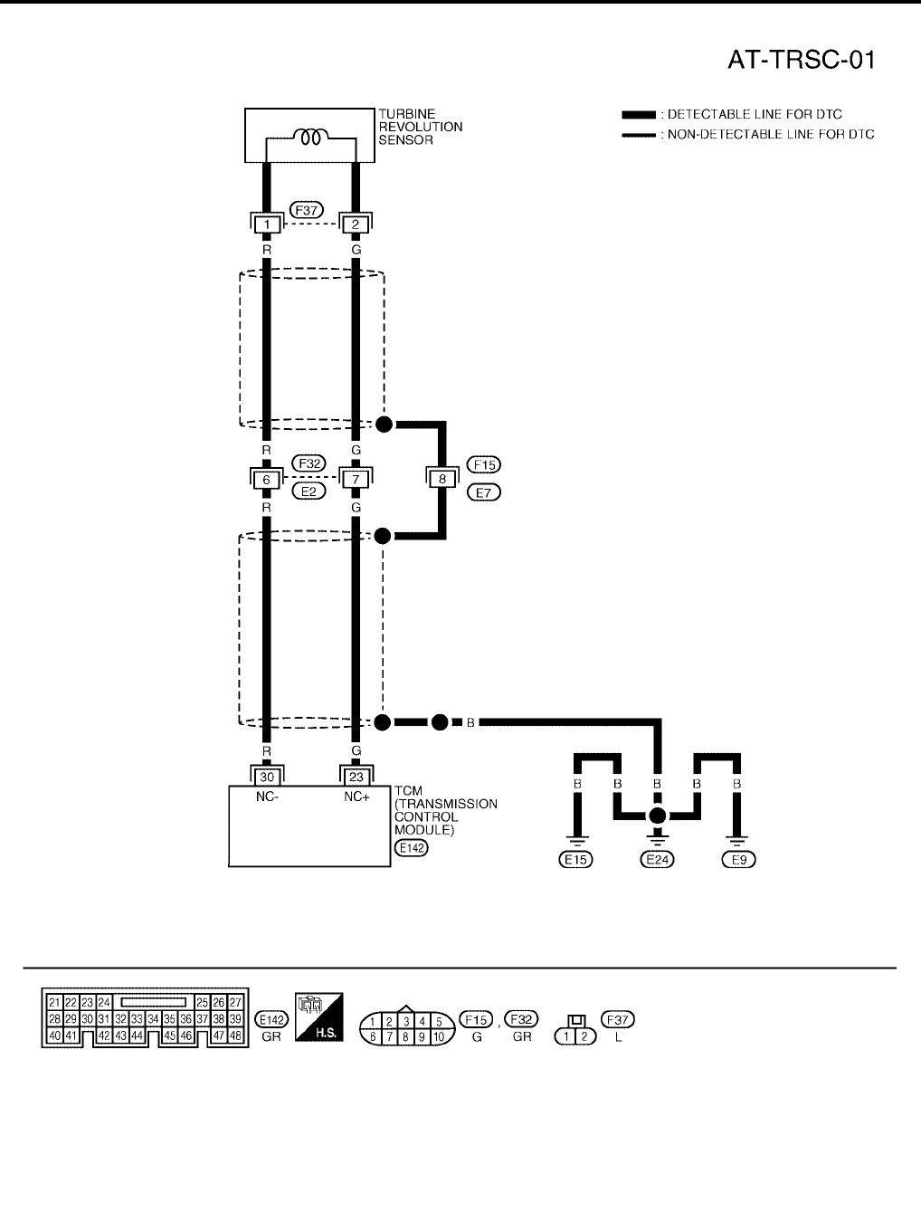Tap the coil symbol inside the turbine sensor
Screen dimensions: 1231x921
310,138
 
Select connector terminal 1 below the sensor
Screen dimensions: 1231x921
266,224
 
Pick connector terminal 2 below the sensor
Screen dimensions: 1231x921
355,224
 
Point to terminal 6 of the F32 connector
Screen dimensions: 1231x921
266,479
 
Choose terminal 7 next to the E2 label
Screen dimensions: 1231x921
356,479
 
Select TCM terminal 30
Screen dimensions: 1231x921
266,777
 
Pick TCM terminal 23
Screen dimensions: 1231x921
356,777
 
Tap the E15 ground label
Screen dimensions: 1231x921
575,859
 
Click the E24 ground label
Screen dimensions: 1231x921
658,859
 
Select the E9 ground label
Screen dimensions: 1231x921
738,859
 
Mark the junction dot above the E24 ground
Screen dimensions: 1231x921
658,816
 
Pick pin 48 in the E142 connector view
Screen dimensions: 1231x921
234,1035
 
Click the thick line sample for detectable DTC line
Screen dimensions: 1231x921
638,115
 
